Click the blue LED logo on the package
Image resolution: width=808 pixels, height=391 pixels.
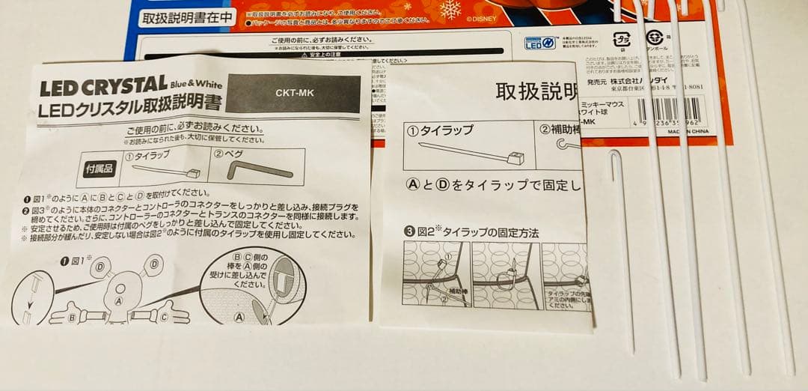click(x=540, y=43)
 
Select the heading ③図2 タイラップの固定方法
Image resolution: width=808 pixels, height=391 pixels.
click(x=471, y=232)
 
